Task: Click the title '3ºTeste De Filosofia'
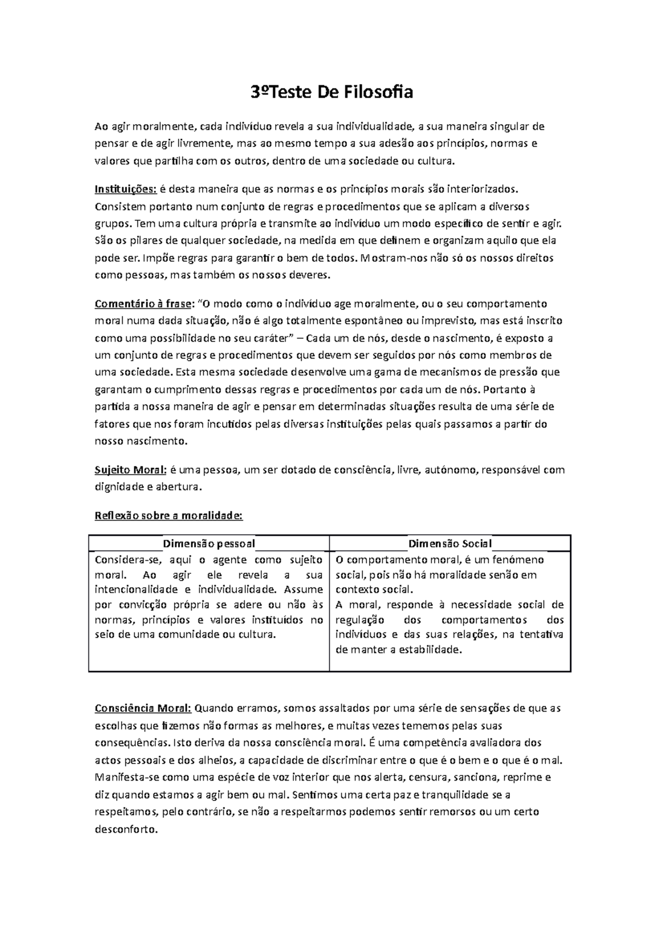pos(331,92)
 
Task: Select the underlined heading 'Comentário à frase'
pos(144,304)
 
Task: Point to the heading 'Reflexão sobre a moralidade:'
pos(169,516)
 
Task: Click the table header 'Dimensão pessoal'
pos(209,544)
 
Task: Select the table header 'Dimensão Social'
pos(450,544)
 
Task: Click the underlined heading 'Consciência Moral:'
pos(143,708)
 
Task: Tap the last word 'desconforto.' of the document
pos(127,830)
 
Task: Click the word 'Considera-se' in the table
pos(122,560)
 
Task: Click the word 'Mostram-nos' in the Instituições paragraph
pos(394,258)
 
